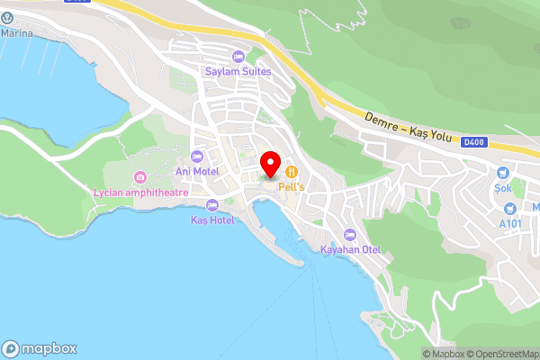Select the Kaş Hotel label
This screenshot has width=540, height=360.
[x=212, y=220]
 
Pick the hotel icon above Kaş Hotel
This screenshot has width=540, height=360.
[x=212, y=205]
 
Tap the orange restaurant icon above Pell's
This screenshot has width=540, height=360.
[x=292, y=171]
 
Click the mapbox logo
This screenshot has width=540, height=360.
[x=40, y=349]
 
